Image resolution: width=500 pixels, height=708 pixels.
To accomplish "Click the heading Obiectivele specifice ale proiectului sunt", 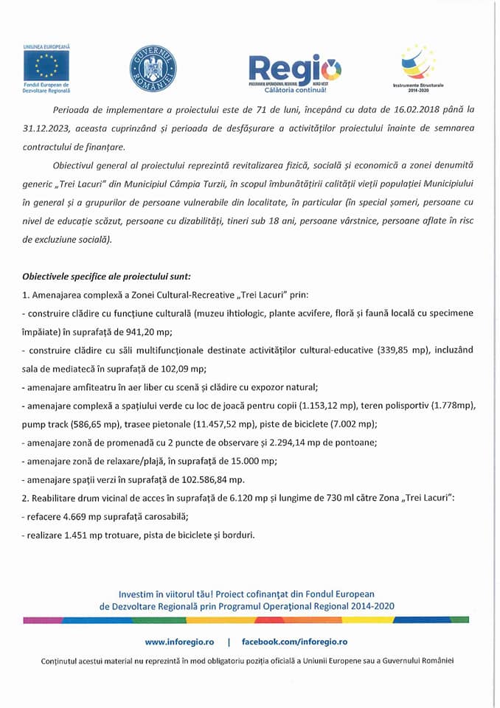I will point(106,277).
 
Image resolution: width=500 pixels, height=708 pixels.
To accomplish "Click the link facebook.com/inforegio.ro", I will point(294,642).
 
